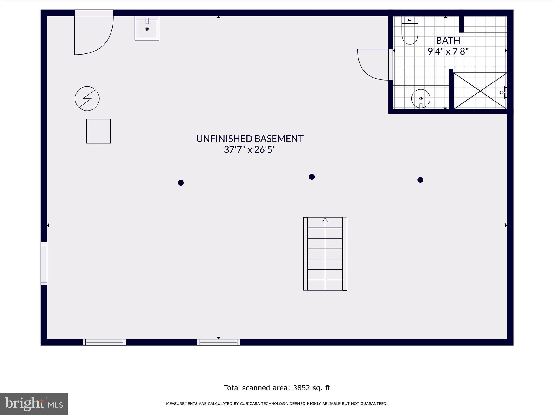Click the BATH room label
pos(448,41)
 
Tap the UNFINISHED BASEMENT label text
pos(250,139)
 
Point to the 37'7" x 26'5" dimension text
pos(250,150)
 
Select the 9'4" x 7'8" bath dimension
pos(448,51)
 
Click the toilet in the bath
pos(410,30)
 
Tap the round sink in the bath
pos(421,99)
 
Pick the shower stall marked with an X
pos(480,91)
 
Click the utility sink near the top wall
pos(147,28)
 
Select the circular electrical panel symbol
pos(87,99)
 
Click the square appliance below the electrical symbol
pos(98,131)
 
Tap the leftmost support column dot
pos(181,183)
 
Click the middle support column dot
pos(312,177)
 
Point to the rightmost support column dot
pos(420,180)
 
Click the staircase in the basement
pos(325,254)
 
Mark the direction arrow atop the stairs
pos(325,220)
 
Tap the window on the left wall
pos(44,263)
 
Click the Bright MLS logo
pos(34,404)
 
